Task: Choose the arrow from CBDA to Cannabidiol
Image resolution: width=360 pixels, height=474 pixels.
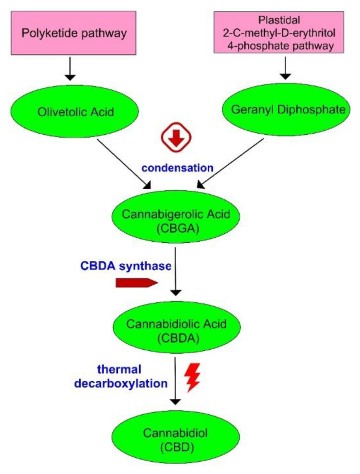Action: point(177,380)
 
